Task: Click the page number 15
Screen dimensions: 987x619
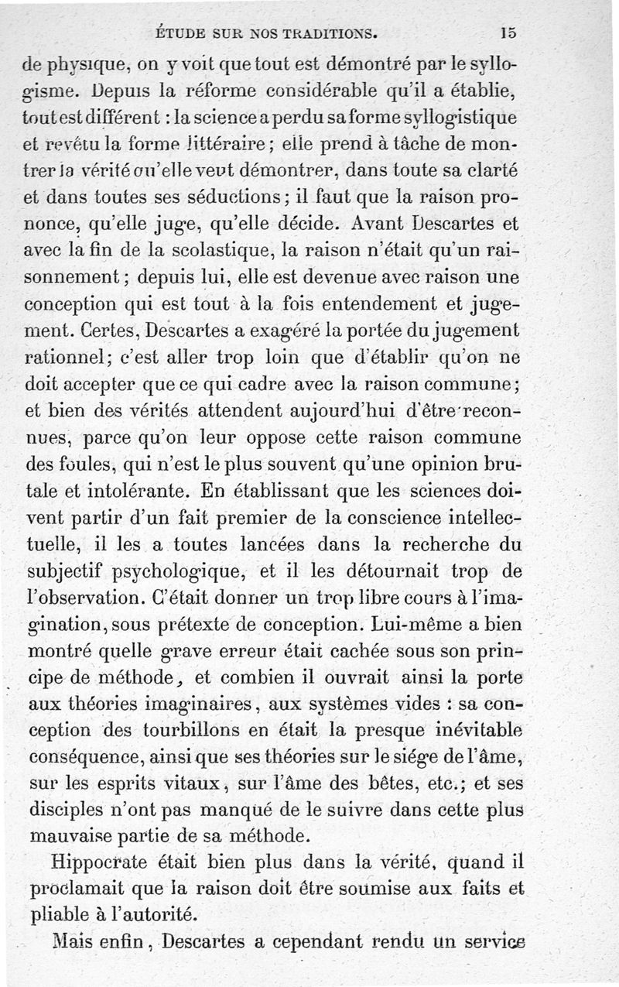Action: [508, 33]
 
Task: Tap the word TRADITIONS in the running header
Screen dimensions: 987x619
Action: [328, 33]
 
